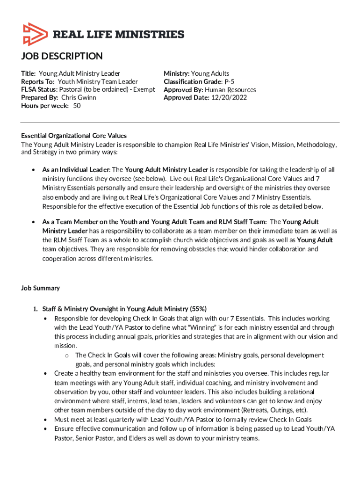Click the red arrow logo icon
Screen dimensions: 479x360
34,34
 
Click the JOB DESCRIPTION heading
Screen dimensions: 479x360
62,57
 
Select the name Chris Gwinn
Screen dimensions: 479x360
79,98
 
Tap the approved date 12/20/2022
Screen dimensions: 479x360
229,98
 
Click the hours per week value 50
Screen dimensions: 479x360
77,106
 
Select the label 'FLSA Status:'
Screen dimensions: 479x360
39,89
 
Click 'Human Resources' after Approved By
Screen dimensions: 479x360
230,89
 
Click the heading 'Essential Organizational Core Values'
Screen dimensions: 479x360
74,136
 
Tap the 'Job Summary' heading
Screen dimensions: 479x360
40,288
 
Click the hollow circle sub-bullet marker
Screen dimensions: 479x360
67,356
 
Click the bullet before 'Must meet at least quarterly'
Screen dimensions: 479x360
45,420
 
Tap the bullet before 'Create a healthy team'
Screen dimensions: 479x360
45,374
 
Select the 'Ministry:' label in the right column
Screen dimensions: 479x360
176,73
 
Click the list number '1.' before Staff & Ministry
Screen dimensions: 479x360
35,309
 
